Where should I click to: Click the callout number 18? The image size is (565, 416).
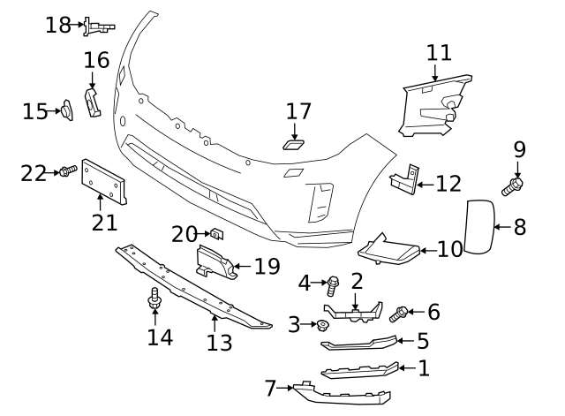tap(58, 25)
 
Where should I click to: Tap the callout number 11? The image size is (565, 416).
tap(439, 52)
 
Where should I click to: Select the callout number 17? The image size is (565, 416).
tap(298, 111)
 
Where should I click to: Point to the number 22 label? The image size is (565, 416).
tap(34, 173)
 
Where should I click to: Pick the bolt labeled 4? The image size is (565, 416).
tap(334, 285)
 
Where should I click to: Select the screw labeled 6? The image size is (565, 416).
tap(399, 312)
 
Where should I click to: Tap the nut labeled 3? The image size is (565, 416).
tap(323, 326)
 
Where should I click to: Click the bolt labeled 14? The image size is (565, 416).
tap(155, 301)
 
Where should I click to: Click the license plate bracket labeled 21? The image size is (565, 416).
tap(105, 184)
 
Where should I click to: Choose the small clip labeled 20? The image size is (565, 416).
tap(215, 233)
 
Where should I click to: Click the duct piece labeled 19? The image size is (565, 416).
tap(215, 261)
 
